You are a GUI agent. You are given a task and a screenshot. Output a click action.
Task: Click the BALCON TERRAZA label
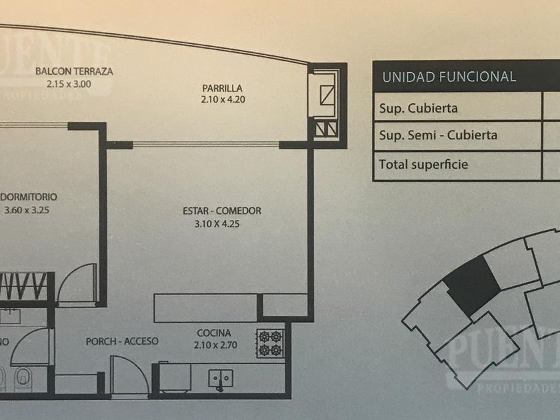coord(74,71)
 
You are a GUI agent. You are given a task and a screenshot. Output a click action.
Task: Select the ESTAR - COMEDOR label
coord(222,211)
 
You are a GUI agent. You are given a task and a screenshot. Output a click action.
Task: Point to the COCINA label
coord(214,333)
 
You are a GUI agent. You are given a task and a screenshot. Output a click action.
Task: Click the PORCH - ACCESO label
coord(122,341)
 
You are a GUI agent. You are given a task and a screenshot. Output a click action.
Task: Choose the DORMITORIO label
coord(29,197)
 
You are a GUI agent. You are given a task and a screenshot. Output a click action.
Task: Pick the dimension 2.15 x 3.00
coord(69,84)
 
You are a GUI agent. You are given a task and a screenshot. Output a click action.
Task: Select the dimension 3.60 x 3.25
coord(27,210)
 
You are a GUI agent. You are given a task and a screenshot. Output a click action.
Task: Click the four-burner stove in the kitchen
coord(271,343)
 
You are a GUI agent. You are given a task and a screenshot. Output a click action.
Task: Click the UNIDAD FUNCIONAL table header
coord(449,77)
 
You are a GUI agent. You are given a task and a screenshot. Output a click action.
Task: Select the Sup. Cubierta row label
coord(418,108)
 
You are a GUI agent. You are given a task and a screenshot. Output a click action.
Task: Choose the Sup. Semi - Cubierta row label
coord(437,135)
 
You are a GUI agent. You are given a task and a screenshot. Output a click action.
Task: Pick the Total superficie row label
coord(423,163)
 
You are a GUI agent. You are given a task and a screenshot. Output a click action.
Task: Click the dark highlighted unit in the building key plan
coord(473,285)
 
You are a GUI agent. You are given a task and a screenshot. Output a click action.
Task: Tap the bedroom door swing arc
coord(77,284)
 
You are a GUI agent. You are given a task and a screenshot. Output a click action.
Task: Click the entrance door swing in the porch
coord(129,375)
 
